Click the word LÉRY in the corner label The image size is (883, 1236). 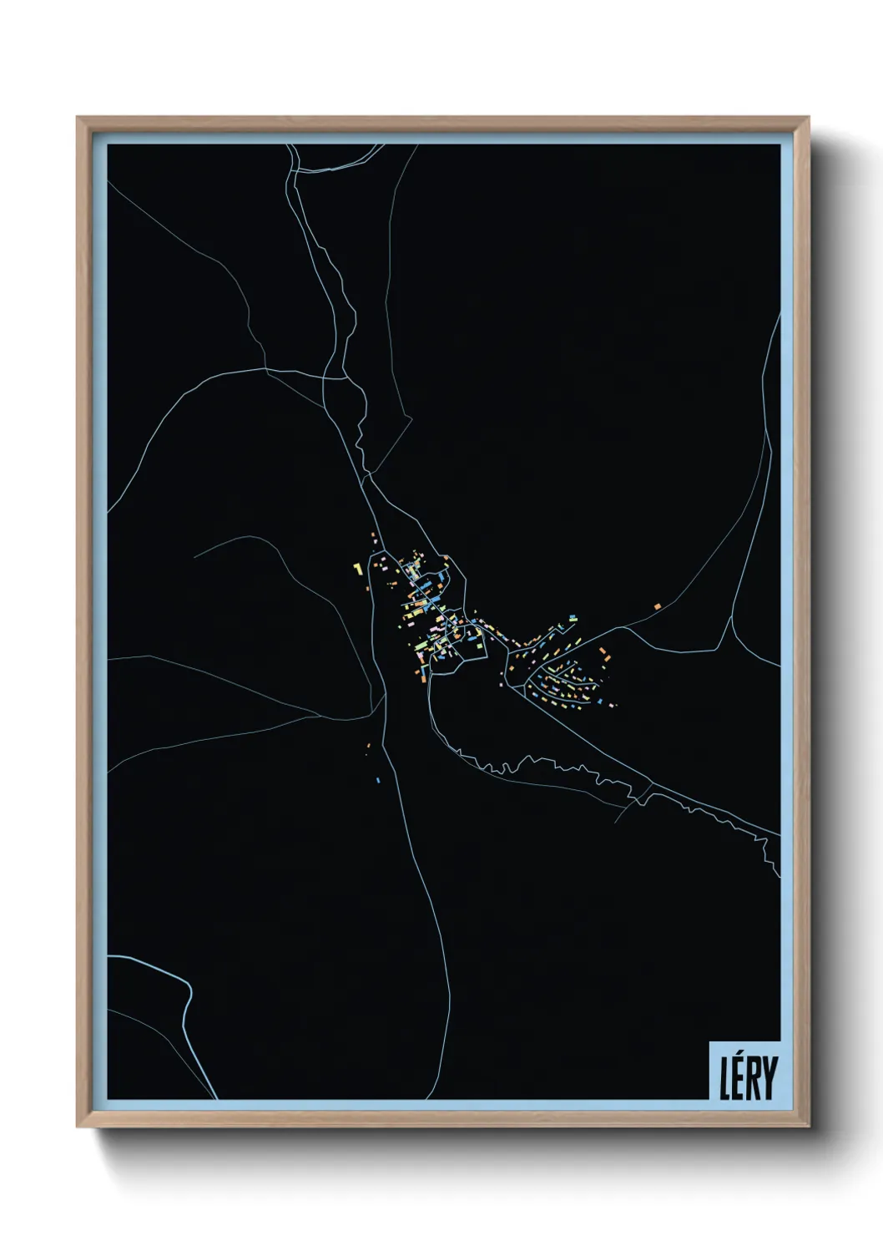point(749,1076)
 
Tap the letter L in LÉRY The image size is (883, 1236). point(725,1078)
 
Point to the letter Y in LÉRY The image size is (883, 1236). point(769,1078)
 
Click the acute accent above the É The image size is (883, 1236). point(739,1056)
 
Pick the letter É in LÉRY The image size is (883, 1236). point(739,1078)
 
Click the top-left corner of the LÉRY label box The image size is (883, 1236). point(709,1041)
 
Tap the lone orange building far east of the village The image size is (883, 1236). point(658,605)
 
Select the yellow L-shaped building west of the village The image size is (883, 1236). point(357,569)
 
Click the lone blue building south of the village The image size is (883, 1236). point(378,780)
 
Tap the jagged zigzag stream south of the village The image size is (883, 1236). point(534,762)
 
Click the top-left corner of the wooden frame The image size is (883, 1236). point(77,117)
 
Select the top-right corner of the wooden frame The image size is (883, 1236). point(810,117)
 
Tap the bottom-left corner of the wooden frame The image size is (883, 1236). point(77,1128)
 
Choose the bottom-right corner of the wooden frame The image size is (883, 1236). point(810,1128)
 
